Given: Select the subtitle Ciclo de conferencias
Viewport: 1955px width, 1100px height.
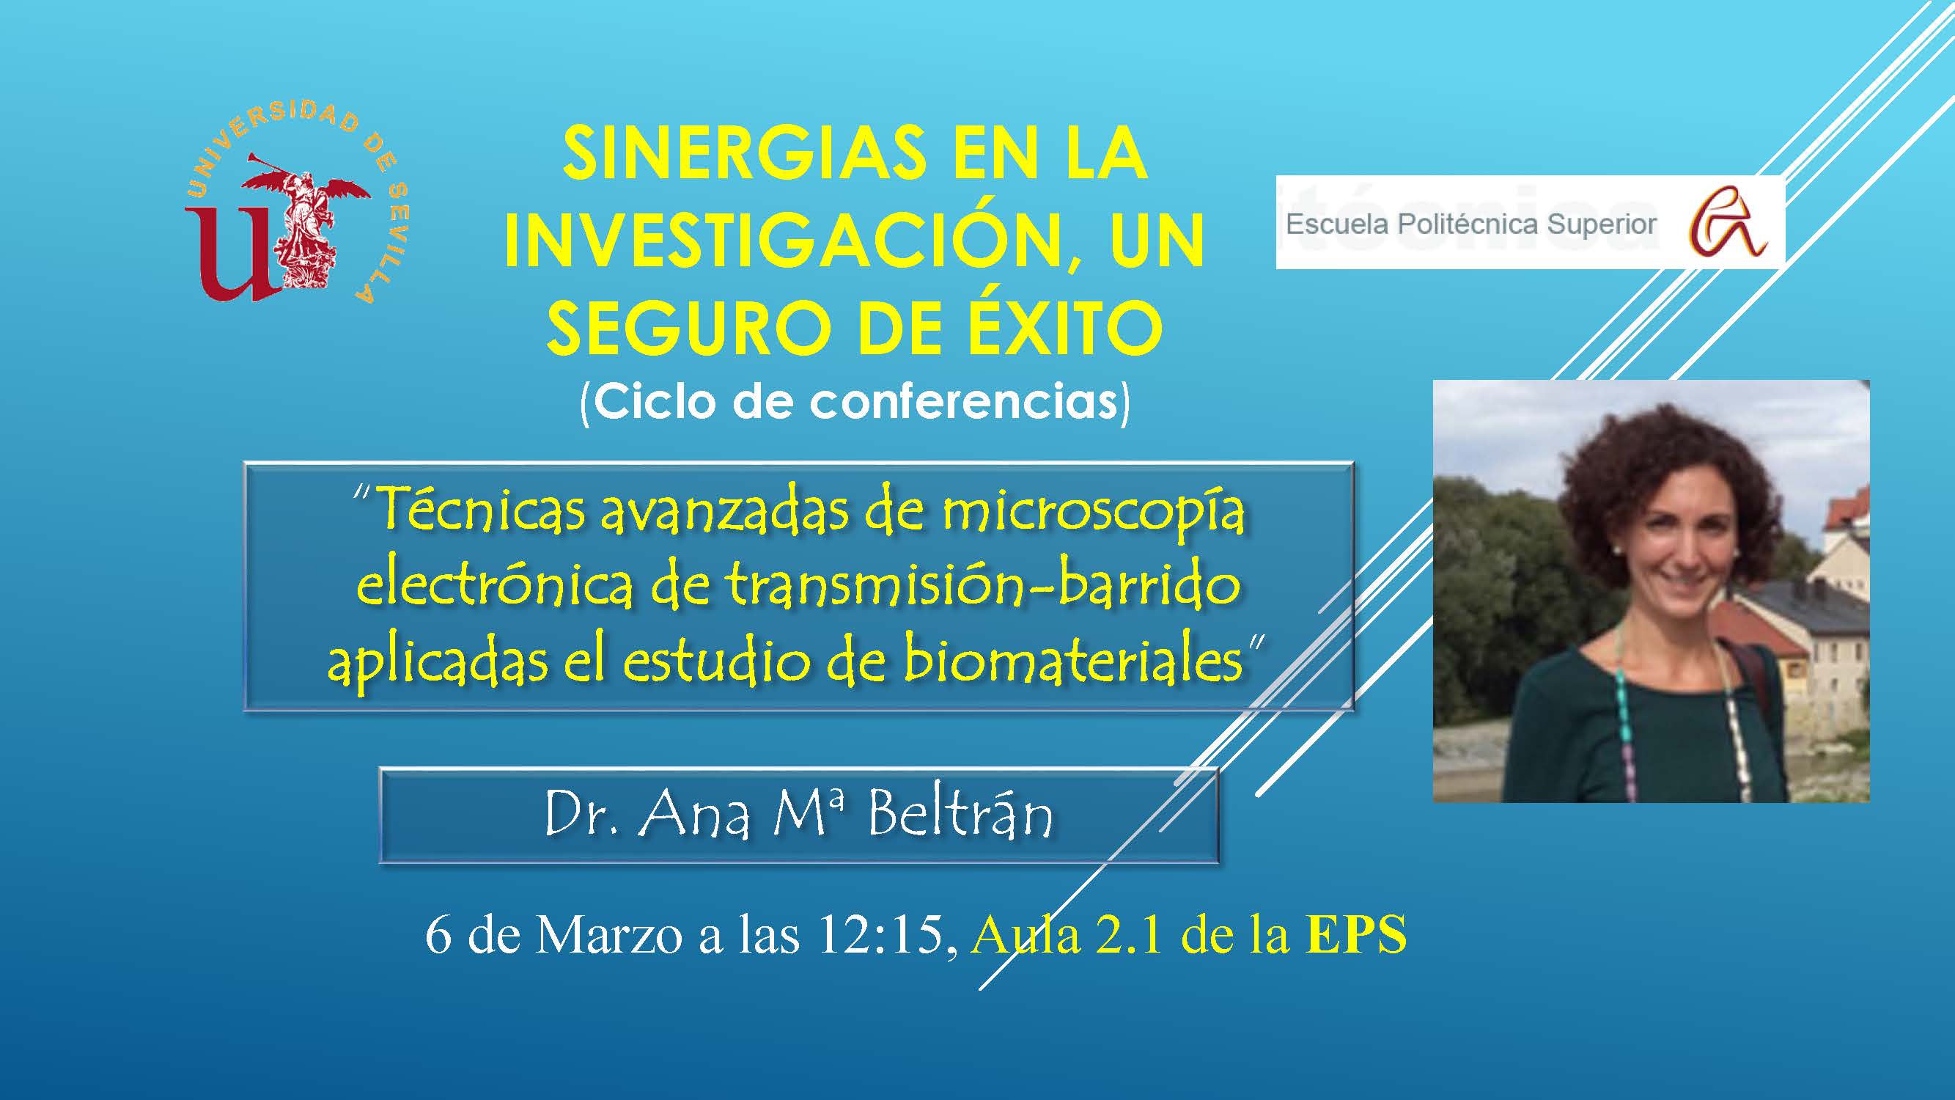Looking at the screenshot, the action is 855,403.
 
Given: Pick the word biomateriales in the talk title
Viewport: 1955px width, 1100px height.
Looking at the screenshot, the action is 1072,661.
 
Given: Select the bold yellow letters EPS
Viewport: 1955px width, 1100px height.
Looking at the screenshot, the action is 1356,934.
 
